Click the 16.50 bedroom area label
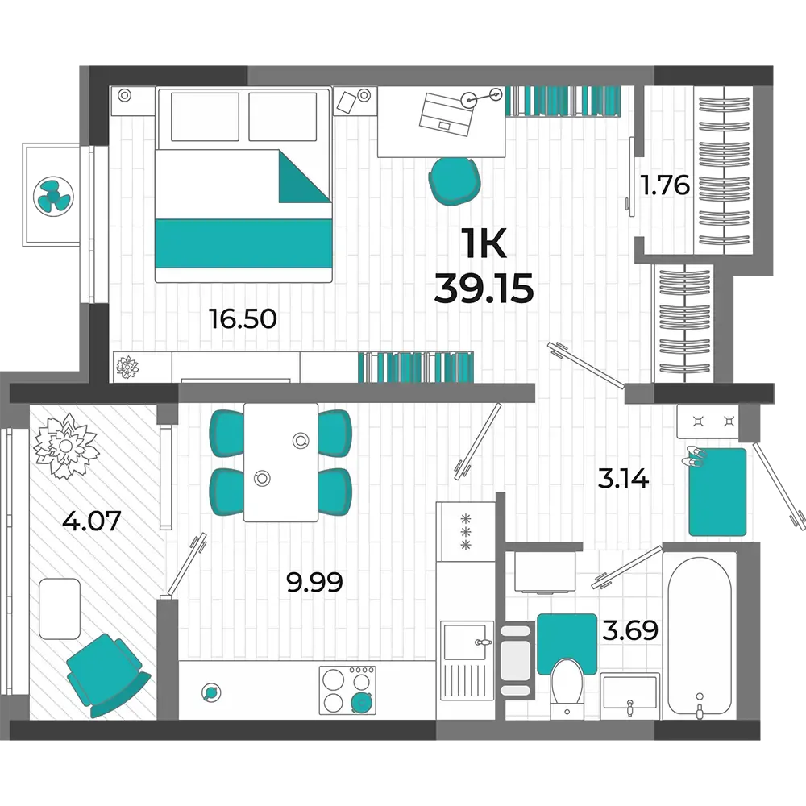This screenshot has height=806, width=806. (x=243, y=318)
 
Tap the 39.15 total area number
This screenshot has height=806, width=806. (x=484, y=288)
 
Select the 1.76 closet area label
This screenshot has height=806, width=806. (x=665, y=185)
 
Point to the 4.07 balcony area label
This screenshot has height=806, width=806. (x=92, y=520)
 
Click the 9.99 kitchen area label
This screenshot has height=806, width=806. (x=314, y=583)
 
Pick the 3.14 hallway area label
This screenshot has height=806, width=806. (x=624, y=479)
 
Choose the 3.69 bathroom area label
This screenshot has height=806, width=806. (x=630, y=630)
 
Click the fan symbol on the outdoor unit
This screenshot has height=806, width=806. (x=53, y=196)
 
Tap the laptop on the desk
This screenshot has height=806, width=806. (x=447, y=115)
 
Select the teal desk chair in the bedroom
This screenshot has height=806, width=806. (x=455, y=181)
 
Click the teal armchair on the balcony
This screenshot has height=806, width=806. (x=107, y=675)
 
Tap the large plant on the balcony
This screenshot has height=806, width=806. (x=65, y=447)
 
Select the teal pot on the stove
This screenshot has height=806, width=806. (x=362, y=702)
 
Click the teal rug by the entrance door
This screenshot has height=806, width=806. (x=717, y=492)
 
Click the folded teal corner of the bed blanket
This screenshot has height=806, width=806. (x=305, y=177)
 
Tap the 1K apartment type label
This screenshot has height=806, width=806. (x=484, y=243)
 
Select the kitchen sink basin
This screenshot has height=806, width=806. (x=465, y=642)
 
